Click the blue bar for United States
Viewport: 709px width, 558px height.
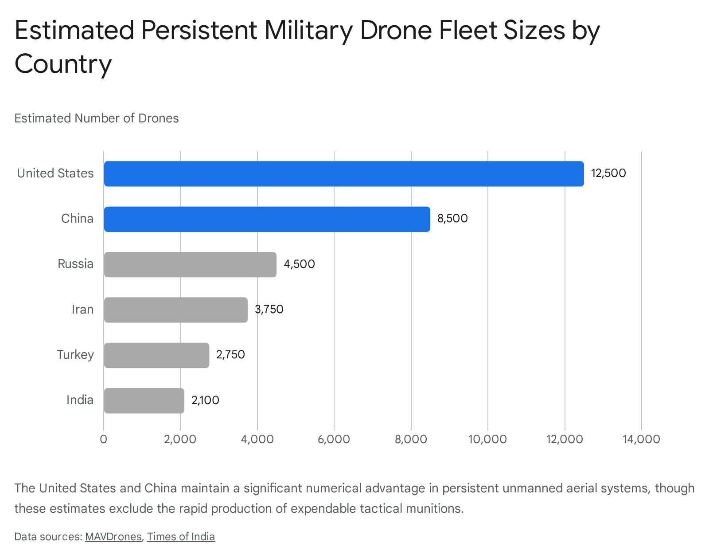click(x=343, y=173)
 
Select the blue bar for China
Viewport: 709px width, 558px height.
click(x=267, y=219)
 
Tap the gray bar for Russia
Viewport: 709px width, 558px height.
click(x=190, y=264)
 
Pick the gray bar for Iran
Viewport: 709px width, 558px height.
click(x=175, y=310)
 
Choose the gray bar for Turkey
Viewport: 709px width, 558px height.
click(x=156, y=355)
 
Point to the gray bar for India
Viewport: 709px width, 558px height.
click(x=144, y=401)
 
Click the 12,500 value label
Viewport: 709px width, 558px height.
click(x=608, y=173)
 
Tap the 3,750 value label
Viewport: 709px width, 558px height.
click(x=269, y=310)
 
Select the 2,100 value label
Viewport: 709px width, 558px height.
click(x=205, y=401)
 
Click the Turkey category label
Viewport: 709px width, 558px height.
click(x=75, y=355)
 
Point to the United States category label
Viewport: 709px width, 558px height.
click(x=55, y=173)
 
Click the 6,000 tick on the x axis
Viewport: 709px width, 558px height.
click(x=334, y=439)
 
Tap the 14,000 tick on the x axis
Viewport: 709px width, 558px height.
click(x=641, y=439)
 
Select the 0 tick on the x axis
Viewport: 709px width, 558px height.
click(x=104, y=439)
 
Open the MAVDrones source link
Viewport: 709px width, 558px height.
click(x=113, y=537)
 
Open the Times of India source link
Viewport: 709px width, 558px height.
click(x=181, y=537)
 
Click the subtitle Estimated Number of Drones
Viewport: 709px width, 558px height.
click(x=97, y=118)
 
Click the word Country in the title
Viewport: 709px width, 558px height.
click(x=63, y=64)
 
